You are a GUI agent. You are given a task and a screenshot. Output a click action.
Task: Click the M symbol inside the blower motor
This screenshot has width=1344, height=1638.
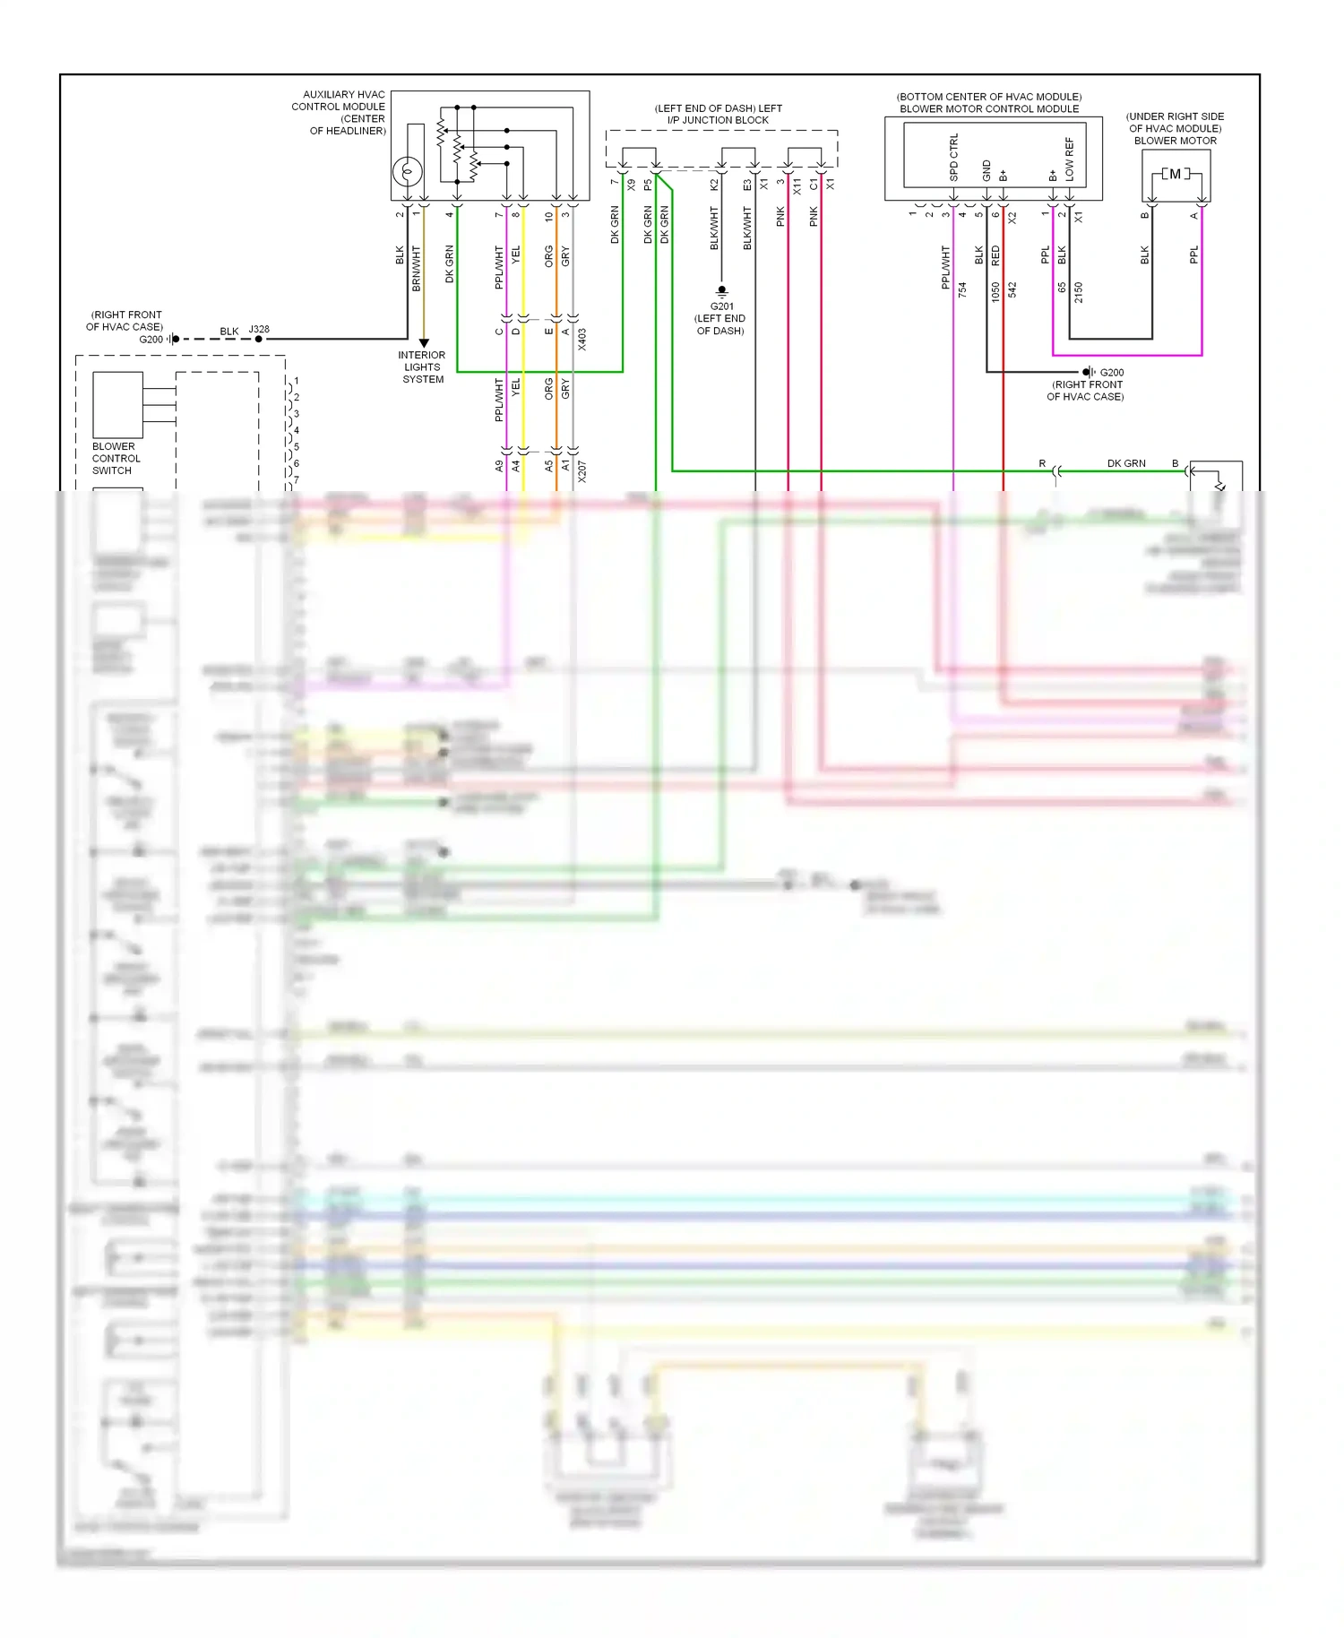point(1175,174)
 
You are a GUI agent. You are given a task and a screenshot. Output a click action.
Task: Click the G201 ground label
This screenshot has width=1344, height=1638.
point(721,306)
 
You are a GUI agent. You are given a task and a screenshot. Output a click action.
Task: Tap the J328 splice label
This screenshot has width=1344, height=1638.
point(259,329)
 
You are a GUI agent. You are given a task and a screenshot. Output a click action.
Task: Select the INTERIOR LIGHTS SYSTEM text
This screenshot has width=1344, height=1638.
point(422,367)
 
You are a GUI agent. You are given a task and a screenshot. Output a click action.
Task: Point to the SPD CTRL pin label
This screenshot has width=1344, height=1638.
point(953,158)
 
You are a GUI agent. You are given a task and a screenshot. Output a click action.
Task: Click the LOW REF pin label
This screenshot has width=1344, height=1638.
point(1069,159)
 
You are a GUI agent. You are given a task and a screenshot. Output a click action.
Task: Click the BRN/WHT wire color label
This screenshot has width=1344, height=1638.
point(416,268)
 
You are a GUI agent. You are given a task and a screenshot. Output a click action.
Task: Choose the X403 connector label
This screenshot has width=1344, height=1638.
point(582,339)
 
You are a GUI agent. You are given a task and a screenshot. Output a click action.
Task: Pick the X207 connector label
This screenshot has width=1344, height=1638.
point(582,471)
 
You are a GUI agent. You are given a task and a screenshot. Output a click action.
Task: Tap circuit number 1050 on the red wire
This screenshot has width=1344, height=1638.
point(995,292)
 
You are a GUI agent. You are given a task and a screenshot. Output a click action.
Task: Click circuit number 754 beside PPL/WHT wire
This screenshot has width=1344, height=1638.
point(962,289)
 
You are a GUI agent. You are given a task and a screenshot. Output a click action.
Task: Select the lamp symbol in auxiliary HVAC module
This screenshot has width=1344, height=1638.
point(408,170)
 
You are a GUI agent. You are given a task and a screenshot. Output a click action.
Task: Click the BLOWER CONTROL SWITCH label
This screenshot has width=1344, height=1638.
point(116,458)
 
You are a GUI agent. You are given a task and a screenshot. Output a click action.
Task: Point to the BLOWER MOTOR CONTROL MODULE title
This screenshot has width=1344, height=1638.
point(989,108)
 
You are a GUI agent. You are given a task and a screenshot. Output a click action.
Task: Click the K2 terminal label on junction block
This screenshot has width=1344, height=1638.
point(713,185)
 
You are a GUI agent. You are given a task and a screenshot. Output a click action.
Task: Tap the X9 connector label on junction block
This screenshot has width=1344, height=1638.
point(631,185)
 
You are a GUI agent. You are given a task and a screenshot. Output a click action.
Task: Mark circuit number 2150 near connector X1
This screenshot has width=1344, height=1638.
point(1078,292)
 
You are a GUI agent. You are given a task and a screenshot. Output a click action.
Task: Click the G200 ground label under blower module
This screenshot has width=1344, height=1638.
point(1111,372)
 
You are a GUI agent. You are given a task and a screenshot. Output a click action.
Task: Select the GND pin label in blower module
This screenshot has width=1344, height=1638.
point(986,170)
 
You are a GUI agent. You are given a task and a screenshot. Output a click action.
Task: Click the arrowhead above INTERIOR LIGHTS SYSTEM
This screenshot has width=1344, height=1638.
point(424,343)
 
